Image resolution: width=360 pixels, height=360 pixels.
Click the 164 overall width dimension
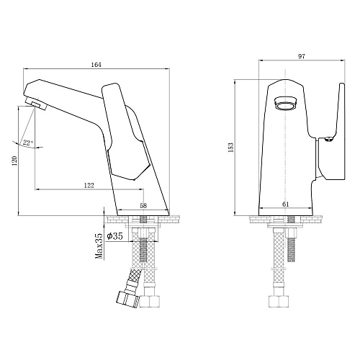[96, 65]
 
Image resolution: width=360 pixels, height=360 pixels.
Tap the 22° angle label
[28, 143]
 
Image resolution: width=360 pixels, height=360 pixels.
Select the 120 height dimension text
[14, 161]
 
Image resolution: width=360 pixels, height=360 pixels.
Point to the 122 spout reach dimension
[89, 185]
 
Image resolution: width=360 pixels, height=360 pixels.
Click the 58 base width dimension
[143, 205]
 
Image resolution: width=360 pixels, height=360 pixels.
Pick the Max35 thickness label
[99, 246]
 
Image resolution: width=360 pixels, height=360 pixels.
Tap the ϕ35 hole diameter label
[114, 236]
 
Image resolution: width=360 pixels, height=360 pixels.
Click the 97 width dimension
[302, 56]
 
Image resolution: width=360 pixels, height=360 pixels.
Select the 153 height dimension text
[231, 148]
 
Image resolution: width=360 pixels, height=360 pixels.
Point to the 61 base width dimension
[286, 204]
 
